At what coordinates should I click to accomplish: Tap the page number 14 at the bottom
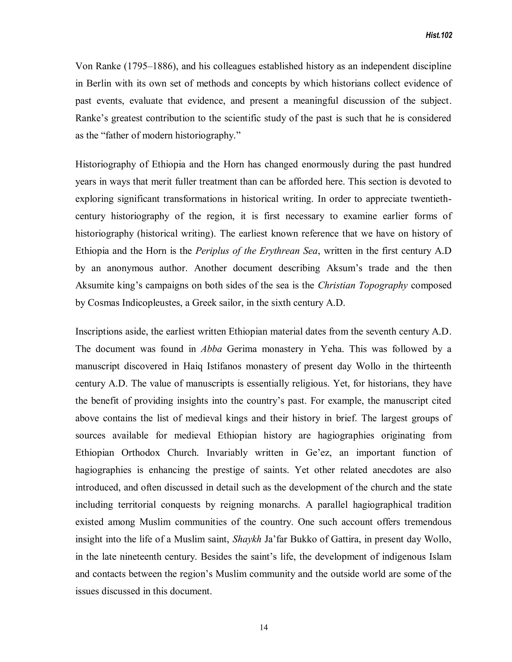(x=264, y=628)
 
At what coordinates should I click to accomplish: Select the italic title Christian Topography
(x=362, y=286)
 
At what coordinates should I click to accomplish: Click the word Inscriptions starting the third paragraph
(x=98, y=331)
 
